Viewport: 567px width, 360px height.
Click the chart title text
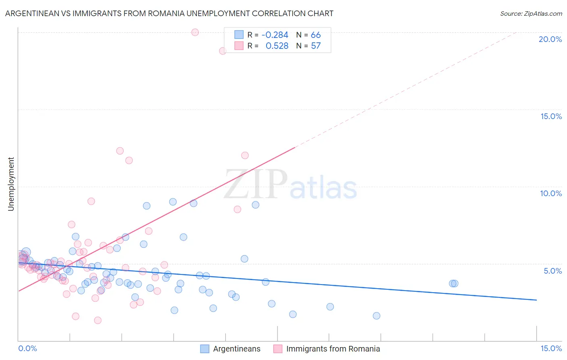[169, 13]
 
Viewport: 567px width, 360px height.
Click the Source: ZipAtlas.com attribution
[531, 13]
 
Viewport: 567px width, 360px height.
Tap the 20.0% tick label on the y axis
[550, 39]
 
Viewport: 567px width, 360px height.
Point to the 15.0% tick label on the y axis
[551, 116]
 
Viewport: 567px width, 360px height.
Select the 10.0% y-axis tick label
[551, 193]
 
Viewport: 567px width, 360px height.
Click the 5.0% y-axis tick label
[552, 271]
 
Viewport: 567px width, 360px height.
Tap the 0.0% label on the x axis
[27, 348]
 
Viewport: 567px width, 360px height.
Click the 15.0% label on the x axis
[551, 348]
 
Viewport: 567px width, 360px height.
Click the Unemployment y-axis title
[11, 184]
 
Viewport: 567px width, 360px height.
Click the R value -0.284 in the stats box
[275, 35]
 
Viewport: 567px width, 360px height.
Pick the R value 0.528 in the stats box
[277, 46]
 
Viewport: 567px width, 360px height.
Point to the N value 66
[316, 35]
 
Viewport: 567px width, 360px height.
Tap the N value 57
[316, 46]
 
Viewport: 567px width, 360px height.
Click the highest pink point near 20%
[195, 32]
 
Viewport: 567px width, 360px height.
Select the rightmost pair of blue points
[454, 283]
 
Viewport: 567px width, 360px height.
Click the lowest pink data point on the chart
[98, 320]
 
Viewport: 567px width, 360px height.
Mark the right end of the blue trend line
[536, 300]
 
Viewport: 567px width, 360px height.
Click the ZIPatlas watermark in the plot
[290, 185]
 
